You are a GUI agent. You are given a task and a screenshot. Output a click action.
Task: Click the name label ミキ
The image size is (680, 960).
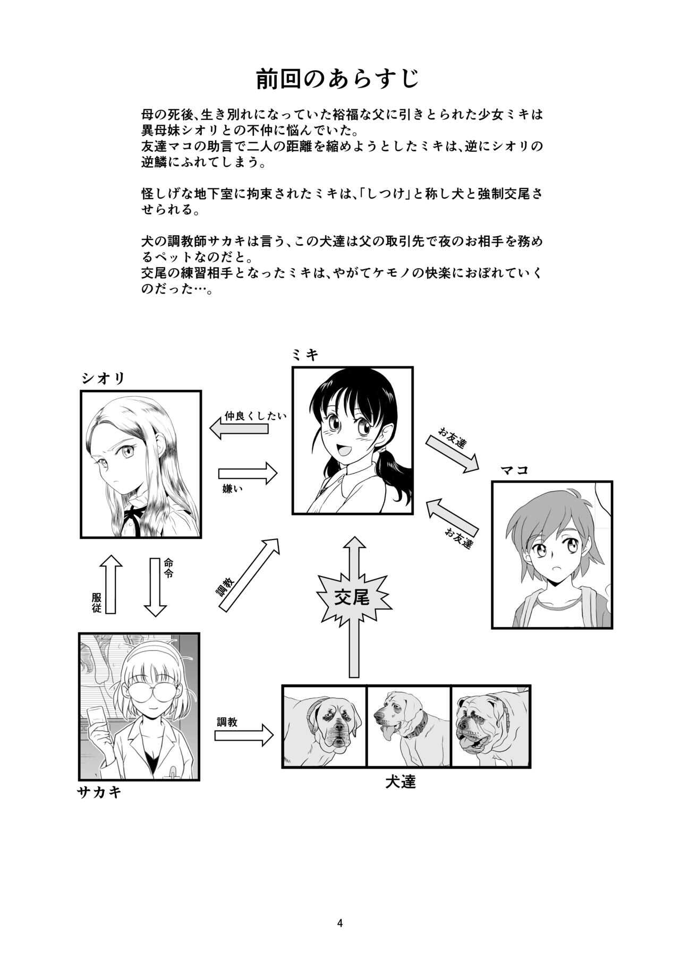(x=305, y=355)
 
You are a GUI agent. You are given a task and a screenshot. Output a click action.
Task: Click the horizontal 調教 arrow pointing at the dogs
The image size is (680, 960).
(x=243, y=735)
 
